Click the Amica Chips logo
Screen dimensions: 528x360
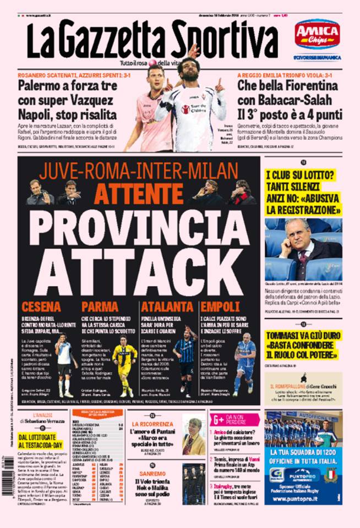317,34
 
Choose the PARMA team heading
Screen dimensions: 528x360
100,307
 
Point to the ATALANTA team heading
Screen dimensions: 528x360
164,307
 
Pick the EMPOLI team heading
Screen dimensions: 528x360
219,307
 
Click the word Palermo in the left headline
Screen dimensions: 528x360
41,86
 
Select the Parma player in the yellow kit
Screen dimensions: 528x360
125,363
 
